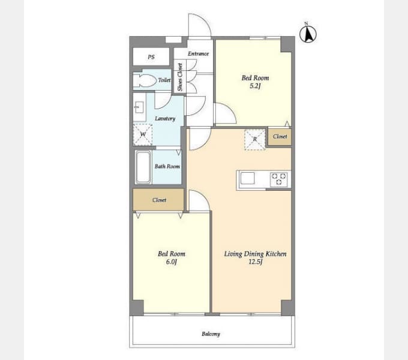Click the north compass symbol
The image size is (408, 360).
pos(308,34)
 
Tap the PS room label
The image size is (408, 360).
pos(151,57)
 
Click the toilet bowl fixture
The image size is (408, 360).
pos(144,80)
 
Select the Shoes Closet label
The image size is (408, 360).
pos(180,77)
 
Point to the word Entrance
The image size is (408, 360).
pos(198,53)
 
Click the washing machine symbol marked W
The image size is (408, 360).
pos(143,134)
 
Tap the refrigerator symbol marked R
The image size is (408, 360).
pos(255,139)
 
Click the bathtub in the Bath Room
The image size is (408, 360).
pos(143,167)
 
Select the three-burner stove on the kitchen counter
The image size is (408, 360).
pos(279,179)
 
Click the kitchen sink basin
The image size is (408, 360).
pos(247,178)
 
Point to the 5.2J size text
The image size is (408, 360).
pos(255,86)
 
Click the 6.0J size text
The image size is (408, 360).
pos(171,262)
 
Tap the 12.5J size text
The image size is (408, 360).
pos(255,262)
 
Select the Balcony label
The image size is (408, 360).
pos(211,334)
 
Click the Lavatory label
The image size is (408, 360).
pos(165,119)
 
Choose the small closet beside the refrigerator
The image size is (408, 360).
pos(280,137)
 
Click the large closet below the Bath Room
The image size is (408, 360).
pos(159,200)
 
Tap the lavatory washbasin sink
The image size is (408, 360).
pos(139,107)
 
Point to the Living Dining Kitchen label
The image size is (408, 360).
pos(255,254)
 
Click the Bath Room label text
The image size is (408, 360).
pos(167,166)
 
